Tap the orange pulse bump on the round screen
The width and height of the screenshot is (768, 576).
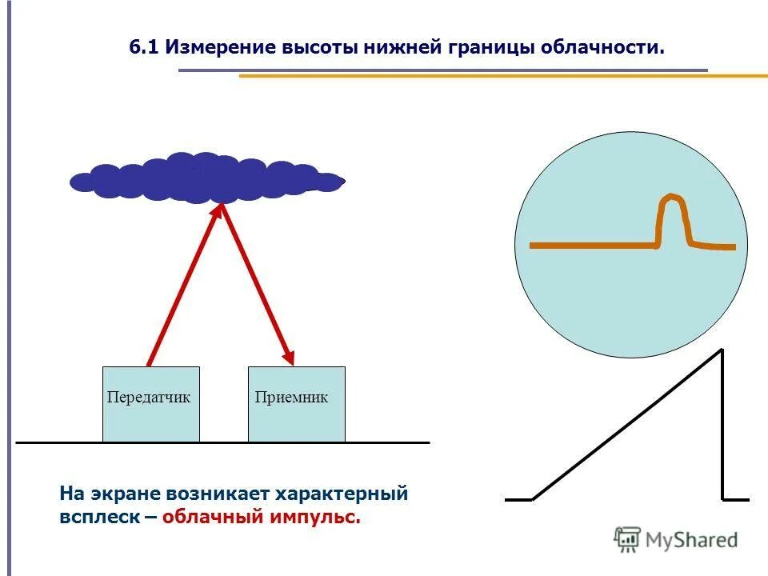(672, 216)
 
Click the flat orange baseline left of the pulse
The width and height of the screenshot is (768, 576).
(592, 246)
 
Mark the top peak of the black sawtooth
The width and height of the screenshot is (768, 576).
(722, 350)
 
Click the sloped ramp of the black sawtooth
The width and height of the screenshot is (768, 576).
(628, 424)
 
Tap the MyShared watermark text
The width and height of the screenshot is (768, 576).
(691, 541)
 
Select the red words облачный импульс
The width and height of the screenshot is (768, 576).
(261, 518)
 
